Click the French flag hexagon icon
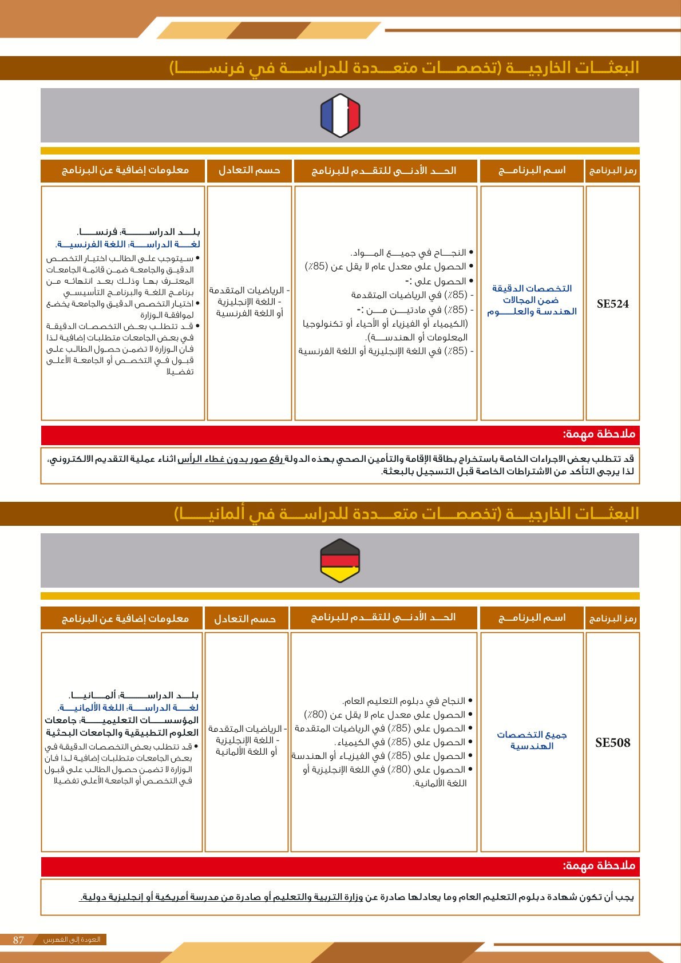[x=340, y=116]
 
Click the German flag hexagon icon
[x=340, y=561]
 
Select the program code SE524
[x=612, y=304]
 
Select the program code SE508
[x=612, y=743]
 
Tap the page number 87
[x=18, y=940]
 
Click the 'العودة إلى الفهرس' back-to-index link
[x=72, y=940]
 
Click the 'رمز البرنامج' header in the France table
[x=612, y=171]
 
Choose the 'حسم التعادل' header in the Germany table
[x=245, y=619]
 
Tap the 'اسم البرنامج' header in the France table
[x=532, y=171]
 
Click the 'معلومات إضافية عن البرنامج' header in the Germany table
[x=125, y=619]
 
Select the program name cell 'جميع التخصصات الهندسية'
[x=532, y=740]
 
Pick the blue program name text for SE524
[x=532, y=300]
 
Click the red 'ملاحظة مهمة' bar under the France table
[x=340, y=434]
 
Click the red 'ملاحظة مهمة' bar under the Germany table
[x=340, y=866]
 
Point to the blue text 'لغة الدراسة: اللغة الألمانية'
[x=129, y=708]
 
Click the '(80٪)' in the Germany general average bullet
[x=316, y=715]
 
